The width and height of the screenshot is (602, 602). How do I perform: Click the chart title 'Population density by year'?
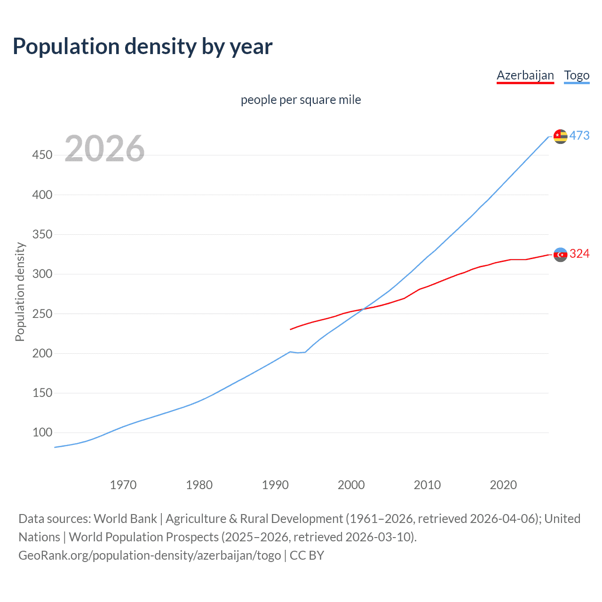point(143,47)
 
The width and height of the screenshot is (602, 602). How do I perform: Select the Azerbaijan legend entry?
point(525,75)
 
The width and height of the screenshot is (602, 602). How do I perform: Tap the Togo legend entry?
point(577,75)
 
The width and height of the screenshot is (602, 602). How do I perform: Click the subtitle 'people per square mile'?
point(301,100)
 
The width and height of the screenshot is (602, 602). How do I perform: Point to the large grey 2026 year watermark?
point(104,149)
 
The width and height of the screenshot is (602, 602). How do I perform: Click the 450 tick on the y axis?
point(42,155)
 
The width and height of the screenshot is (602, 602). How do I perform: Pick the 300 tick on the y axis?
point(42,274)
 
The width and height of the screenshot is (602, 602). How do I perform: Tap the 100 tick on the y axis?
point(42,432)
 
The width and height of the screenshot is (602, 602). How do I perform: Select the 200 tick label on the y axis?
point(42,353)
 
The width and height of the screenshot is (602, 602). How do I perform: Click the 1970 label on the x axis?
point(123,485)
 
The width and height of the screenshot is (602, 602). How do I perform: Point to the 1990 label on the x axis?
point(275,485)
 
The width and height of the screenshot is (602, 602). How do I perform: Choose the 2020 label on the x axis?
point(503,485)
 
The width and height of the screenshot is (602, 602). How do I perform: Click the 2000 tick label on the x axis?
point(351,485)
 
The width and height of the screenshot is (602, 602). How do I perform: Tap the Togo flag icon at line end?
point(560,136)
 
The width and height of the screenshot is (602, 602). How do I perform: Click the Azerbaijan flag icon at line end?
point(560,254)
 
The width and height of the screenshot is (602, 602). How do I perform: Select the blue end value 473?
point(579,135)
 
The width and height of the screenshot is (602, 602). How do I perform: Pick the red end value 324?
point(579,254)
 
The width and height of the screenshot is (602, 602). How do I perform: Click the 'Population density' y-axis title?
point(20,292)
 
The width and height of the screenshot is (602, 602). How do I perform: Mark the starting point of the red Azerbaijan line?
point(291,329)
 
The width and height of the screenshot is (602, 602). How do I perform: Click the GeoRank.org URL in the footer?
point(150,555)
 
